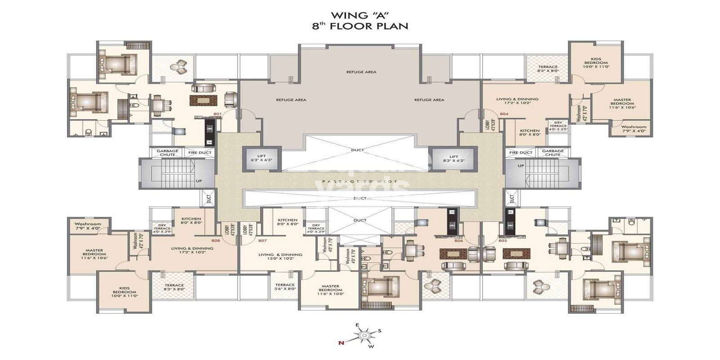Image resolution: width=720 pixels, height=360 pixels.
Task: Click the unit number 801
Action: (217, 114)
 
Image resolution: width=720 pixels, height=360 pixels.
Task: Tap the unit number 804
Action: (504, 114)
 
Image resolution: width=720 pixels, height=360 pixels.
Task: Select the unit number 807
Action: (262, 240)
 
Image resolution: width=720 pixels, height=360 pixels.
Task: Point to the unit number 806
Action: (459, 241)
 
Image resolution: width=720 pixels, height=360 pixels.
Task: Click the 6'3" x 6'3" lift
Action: (262, 158)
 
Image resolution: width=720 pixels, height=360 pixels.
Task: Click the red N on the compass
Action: (341, 343)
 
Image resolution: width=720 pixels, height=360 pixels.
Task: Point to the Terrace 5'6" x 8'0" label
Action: (285, 287)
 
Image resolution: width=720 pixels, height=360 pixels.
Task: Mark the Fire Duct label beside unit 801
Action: (199, 153)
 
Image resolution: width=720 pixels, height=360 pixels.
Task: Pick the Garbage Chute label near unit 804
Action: (553, 153)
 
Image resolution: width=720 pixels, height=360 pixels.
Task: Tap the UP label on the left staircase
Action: (198, 181)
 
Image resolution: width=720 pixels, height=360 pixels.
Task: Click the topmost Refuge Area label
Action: (361, 72)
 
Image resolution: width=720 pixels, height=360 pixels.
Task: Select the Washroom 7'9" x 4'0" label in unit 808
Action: (88, 226)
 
